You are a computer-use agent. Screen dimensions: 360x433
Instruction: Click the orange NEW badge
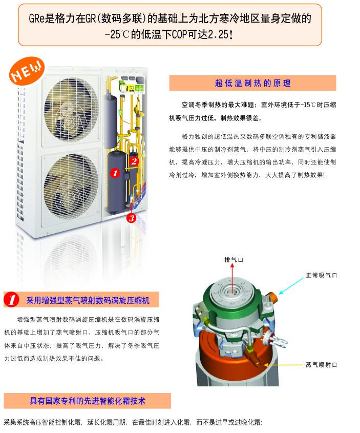(x=27, y=70)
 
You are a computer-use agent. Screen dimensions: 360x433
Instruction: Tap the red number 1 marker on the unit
(x=115, y=173)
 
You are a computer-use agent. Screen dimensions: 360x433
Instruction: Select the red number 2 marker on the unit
(x=134, y=161)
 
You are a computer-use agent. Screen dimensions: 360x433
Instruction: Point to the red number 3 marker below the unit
(x=131, y=218)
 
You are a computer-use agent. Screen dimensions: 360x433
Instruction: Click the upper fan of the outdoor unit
(x=71, y=111)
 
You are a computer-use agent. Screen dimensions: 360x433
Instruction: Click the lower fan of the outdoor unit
(x=71, y=187)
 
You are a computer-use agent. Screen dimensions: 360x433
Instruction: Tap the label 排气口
(x=234, y=260)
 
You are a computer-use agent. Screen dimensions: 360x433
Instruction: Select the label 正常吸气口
(x=322, y=275)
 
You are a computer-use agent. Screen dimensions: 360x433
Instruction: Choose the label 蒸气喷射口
(x=322, y=365)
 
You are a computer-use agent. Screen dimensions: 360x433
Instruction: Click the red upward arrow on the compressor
(x=233, y=278)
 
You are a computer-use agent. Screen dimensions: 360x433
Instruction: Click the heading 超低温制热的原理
(x=252, y=83)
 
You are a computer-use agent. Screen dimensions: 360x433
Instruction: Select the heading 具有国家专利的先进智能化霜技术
(x=87, y=401)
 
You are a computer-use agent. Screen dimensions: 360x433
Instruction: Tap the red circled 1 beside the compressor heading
(x=11, y=300)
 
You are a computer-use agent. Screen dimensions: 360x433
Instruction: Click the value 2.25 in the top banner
(x=218, y=35)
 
